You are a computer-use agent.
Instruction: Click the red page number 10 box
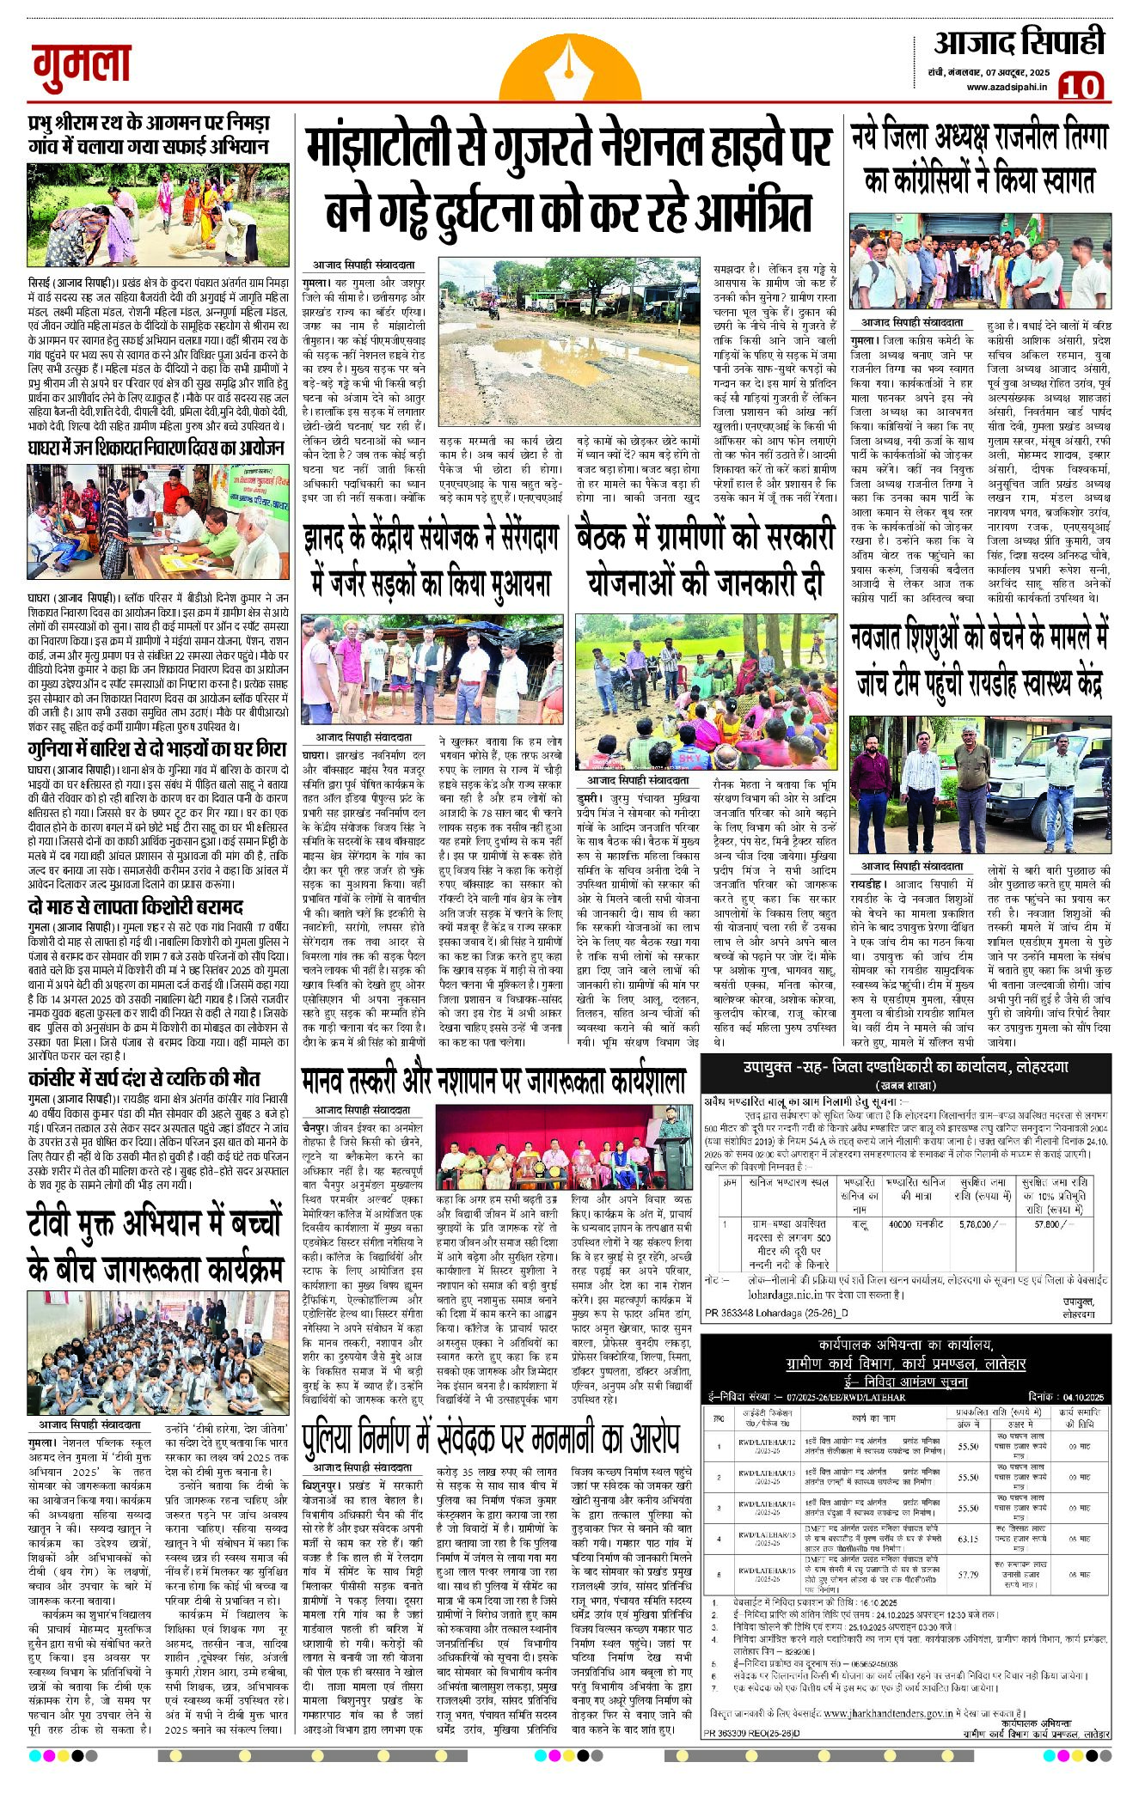point(1081,86)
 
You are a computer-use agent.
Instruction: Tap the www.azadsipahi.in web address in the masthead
point(1007,87)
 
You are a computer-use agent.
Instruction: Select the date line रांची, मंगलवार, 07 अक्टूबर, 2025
point(995,70)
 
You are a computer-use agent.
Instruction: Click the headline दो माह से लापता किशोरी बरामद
point(135,907)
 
